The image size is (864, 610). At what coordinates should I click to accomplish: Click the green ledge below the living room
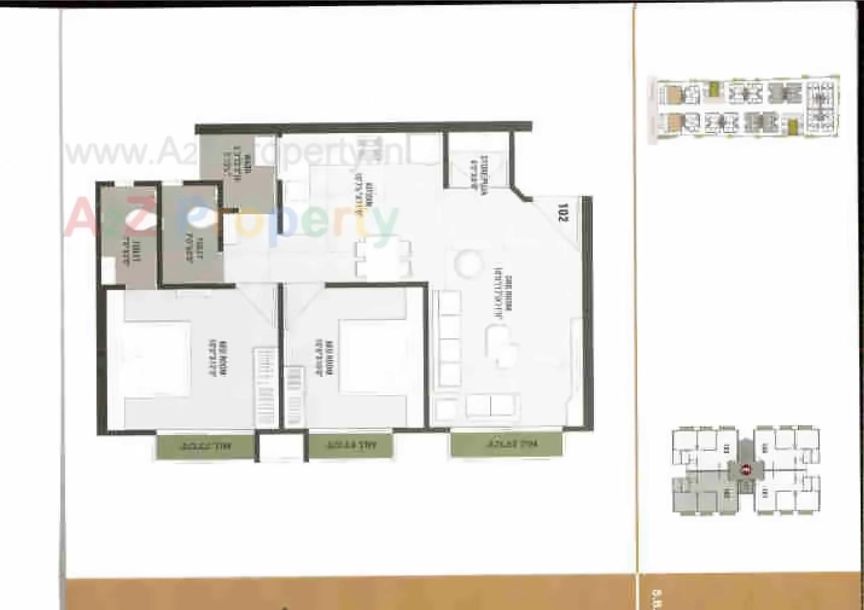pyautogui.click(x=506, y=444)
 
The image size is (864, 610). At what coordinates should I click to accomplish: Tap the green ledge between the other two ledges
pyautogui.click(x=350, y=446)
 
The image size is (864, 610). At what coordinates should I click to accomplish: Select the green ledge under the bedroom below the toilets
pyautogui.click(x=205, y=447)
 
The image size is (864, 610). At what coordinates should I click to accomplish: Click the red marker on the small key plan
pyautogui.click(x=746, y=470)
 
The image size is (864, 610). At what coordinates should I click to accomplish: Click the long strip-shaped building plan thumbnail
pyautogui.click(x=746, y=108)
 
